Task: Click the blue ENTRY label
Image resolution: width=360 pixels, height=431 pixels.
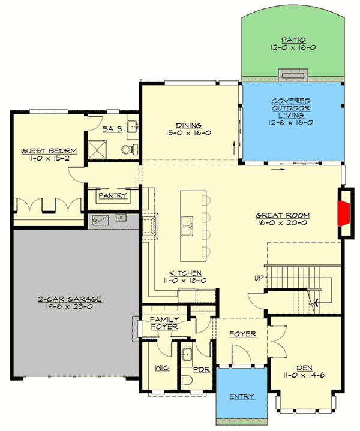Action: pyautogui.click(x=242, y=396)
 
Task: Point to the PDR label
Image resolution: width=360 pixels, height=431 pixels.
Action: pyautogui.click(x=201, y=369)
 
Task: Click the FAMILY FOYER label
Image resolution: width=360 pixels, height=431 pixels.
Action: pyautogui.click(x=163, y=323)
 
